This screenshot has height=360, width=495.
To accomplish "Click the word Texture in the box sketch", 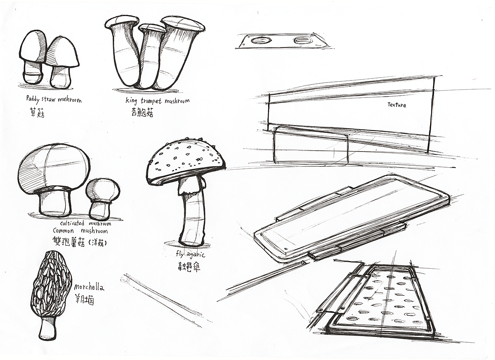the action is coord(396,105).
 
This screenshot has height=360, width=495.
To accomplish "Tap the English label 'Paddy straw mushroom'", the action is coord(54,99).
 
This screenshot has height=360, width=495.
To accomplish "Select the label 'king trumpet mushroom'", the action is coord(158,101).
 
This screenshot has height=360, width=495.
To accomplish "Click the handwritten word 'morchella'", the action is coord(90,287).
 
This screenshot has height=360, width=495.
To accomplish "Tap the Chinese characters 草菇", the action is coord(36,112).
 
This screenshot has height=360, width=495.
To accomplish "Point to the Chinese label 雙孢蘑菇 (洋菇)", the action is coord(80,243).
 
